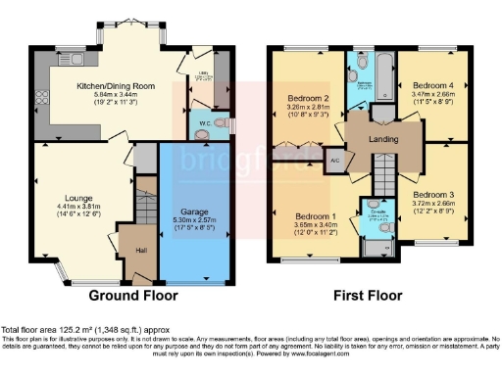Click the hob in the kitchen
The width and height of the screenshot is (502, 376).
pos(42,97)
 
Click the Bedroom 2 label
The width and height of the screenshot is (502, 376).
pos(309,99)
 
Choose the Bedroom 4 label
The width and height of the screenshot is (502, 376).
pos(432,84)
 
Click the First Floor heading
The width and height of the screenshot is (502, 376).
pos(366,295)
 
